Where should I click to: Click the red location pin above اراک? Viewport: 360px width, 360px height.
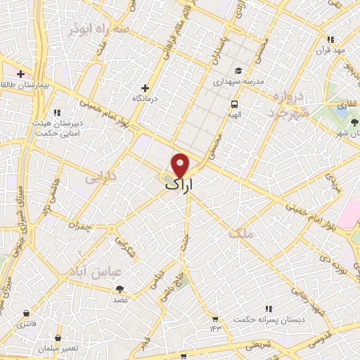tap(181, 165)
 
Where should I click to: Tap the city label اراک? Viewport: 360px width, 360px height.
tap(180, 184)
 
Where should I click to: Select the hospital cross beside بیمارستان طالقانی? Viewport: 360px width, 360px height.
tap(21, 74)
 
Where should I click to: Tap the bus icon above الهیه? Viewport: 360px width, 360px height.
tap(233, 104)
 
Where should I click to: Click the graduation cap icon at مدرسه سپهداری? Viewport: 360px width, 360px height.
tap(238, 70)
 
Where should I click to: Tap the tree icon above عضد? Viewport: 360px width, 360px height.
tap(120, 288)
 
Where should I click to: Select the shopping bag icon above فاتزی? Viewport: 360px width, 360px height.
tap(26, 313)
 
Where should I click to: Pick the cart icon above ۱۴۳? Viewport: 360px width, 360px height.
tap(214, 319)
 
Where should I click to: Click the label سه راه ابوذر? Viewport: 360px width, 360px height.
tap(98, 30)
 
